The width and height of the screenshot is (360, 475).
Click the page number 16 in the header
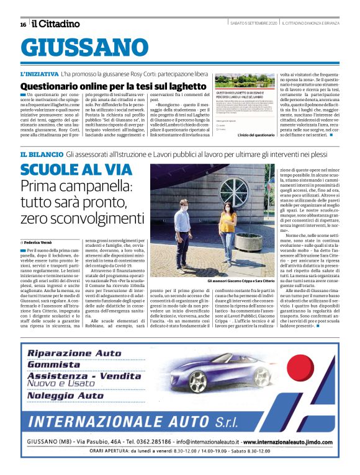(22, 24)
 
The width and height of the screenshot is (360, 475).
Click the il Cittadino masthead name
(56, 24)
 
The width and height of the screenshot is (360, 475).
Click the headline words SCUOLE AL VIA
(75, 170)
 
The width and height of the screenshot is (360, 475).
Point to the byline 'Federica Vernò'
(41, 241)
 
